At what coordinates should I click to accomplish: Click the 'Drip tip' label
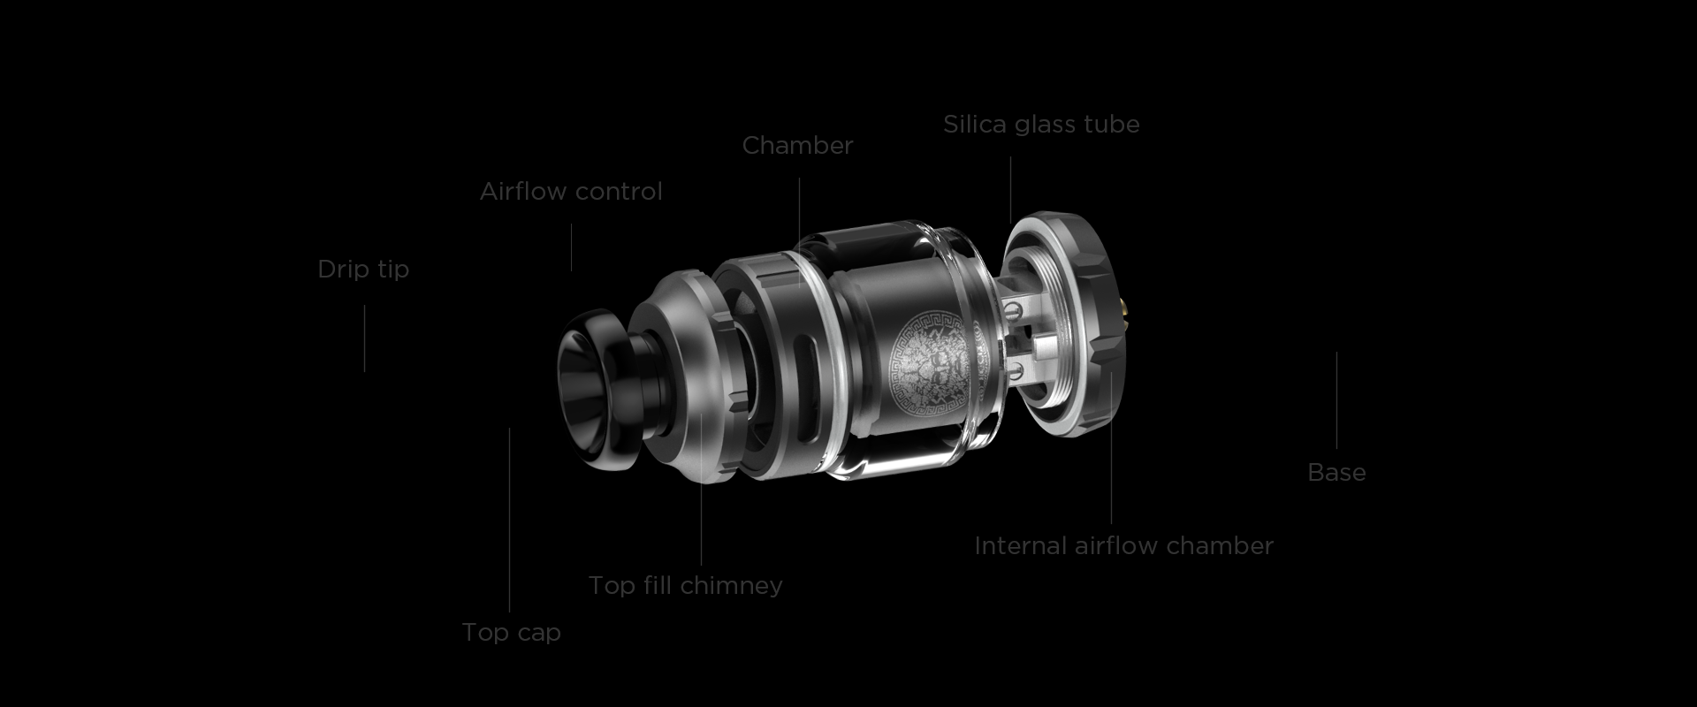point(363,269)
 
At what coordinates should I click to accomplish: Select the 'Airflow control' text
point(571,191)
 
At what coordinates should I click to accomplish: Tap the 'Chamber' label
point(797,145)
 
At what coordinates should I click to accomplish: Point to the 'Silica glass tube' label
point(1041,125)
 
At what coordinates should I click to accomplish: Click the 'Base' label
point(1336,472)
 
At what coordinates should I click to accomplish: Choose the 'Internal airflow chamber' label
point(1123,545)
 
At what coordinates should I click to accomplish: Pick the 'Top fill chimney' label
point(685,585)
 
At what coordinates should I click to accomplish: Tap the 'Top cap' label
point(511,632)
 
